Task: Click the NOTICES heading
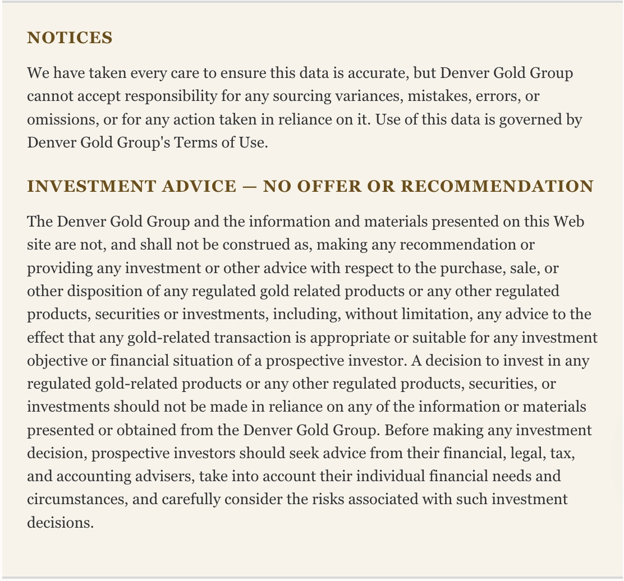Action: [70, 38]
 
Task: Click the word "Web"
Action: [569, 222]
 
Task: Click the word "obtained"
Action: [146, 430]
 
